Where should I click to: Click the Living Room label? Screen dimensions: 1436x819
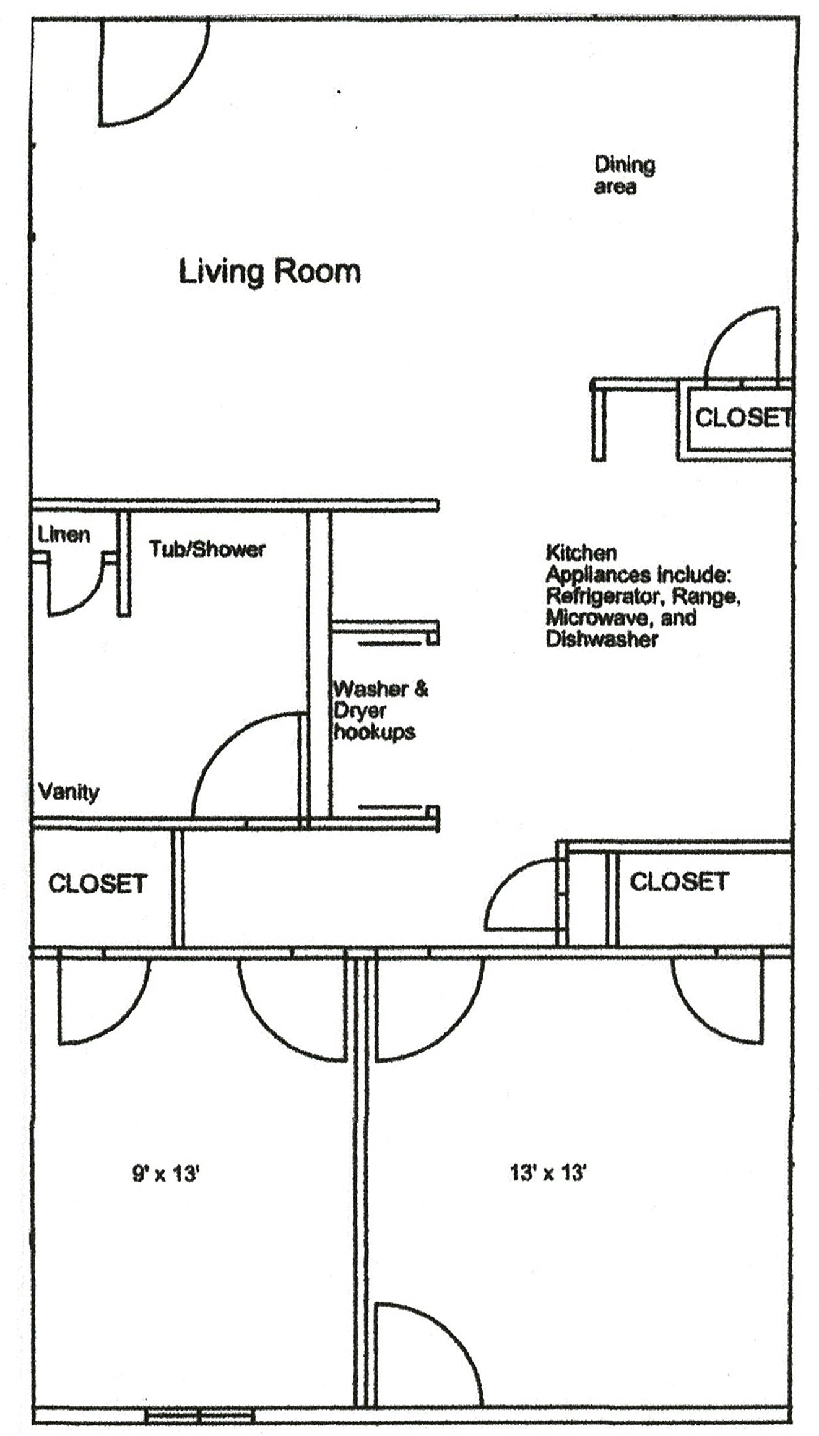pyautogui.click(x=269, y=272)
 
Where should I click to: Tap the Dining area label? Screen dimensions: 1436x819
pyautogui.click(x=623, y=175)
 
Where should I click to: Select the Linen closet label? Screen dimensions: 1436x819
pyautogui.click(x=64, y=534)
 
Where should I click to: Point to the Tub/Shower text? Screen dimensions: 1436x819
pyautogui.click(x=207, y=549)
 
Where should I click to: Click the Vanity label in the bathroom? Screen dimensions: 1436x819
pyautogui.click(x=68, y=792)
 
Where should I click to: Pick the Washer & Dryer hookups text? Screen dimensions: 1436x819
pyautogui.click(x=379, y=710)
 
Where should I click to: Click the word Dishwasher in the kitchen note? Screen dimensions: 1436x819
pyautogui.click(x=601, y=639)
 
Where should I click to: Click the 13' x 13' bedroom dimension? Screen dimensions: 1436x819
pyautogui.click(x=548, y=1172)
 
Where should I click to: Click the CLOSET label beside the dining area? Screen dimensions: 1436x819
pyautogui.click(x=742, y=418)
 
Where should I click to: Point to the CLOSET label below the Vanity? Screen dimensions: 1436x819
pyautogui.click(x=98, y=883)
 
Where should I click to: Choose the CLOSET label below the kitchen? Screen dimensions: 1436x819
pyautogui.click(x=678, y=881)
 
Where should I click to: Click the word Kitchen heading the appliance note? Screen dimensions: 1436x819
pyautogui.click(x=581, y=552)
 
